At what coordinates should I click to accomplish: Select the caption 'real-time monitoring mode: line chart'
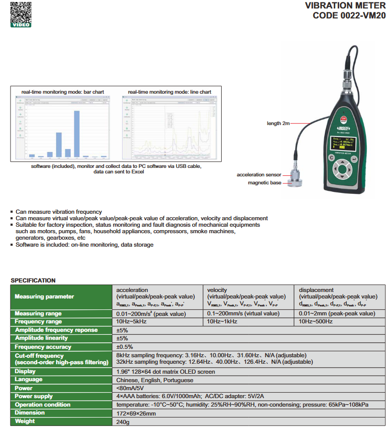pos(169,92)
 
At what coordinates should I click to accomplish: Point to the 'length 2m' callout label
pos(278,123)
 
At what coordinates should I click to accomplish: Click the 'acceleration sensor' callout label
pos(259,175)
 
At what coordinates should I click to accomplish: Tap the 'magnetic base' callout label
pos(264,183)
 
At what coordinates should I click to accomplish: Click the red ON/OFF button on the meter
pos(344,120)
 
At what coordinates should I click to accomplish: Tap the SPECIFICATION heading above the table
pos(33,281)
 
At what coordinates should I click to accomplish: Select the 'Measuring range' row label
pos(38,314)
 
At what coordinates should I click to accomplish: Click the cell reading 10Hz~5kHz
pos(131,322)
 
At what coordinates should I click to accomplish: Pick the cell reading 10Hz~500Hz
pos(316,322)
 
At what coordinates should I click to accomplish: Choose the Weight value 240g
pos(123,422)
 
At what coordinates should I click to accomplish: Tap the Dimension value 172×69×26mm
pos(136,414)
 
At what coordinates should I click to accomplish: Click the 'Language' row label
pos(29,380)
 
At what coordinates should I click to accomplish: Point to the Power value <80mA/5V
pos(130,388)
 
